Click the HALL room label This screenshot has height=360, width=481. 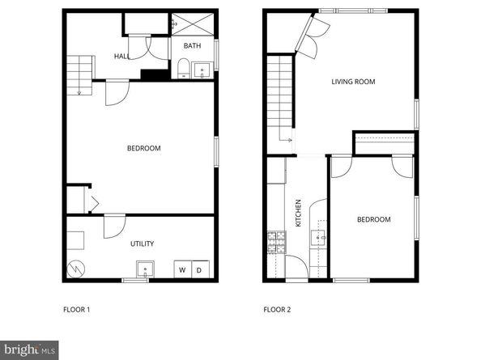point(122,57)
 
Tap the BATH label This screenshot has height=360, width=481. point(192,46)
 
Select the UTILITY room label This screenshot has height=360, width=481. point(143,244)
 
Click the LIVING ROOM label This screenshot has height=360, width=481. point(354,81)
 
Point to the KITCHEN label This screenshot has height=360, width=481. point(299,212)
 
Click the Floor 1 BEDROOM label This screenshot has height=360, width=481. point(143,148)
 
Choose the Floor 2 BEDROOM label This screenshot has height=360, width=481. point(374,219)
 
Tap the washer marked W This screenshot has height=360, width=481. point(183,269)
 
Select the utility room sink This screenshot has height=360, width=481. point(147,269)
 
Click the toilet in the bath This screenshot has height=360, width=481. point(184,67)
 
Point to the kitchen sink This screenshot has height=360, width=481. point(318,237)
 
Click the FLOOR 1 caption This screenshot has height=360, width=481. point(77,309)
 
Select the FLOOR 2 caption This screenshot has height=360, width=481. point(277,309)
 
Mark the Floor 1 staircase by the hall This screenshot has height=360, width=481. point(77,74)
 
